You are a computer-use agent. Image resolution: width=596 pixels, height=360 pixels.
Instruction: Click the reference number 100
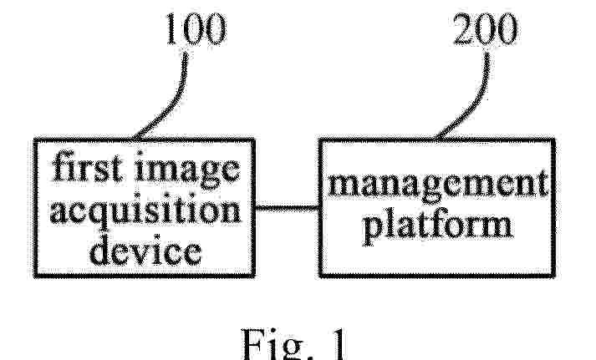pyautogui.click(x=196, y=29)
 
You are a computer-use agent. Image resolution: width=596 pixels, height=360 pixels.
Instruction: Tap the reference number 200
pyautogui.click(x=486, y=29)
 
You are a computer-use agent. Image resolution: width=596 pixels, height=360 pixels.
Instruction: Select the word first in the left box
pyautogui.click(x=88, y=166)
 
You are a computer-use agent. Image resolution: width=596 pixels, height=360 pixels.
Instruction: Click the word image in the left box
pyautogui.click(x=187, y=170)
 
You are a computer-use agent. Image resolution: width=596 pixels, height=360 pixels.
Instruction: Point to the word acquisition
pyautogui.click(x=145, y=210)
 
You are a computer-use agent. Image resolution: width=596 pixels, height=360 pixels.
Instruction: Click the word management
pyautogui.click(x=438, y=185)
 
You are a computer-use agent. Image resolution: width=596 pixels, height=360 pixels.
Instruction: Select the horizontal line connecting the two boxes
pyautogui.click(x=287, y=208)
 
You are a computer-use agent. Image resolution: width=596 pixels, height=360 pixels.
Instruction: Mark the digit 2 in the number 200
pyautogui.click(x=464, y=29)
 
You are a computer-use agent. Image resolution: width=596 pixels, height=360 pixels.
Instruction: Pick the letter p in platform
pyautogui.click(x=374, y=231)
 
